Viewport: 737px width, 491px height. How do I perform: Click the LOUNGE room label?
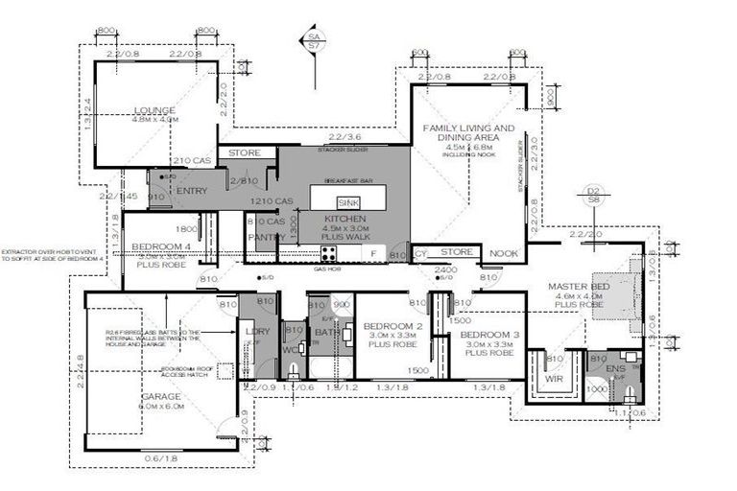point(155,110)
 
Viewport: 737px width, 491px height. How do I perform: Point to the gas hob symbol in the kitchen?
point(328,254)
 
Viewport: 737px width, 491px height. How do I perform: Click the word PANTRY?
point(265,236)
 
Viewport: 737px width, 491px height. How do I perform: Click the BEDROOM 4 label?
point(162,246)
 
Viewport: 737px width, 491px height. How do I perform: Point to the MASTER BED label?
point(579,287)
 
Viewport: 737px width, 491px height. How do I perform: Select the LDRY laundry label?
point(258,331)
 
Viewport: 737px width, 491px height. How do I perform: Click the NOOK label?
point(503,253)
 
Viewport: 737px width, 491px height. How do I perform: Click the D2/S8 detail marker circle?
point(592,197)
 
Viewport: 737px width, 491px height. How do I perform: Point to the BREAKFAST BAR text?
point(346,181)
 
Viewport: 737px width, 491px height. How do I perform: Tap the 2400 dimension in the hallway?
point(447,270)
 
